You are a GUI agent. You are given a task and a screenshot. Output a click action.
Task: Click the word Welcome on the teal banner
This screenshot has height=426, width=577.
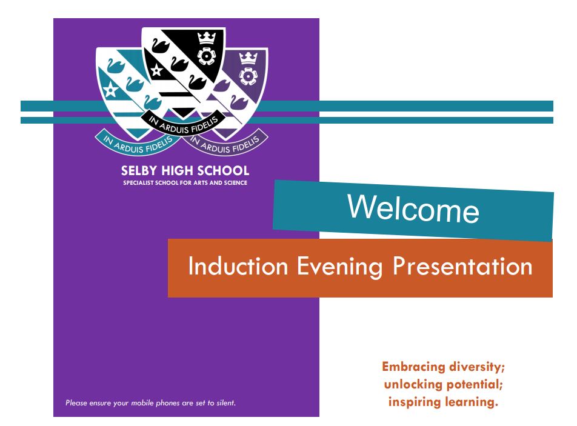pos(413,208)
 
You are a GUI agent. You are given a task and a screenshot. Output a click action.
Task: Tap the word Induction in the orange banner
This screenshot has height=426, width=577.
pos(238,265)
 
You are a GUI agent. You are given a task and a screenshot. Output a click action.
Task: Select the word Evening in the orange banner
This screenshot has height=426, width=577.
pos(340,267)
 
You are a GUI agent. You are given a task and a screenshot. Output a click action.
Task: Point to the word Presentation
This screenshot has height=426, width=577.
pos(462,265)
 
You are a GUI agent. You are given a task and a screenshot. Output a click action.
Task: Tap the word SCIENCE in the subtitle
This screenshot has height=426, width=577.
pos(236,183)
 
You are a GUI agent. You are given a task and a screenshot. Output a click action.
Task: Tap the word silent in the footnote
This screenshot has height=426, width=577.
pos(226,403)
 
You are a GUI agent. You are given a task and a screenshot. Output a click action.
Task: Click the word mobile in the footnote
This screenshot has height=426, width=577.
pos(142,403)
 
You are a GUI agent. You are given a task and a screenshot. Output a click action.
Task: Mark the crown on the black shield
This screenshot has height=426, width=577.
pos(206,38)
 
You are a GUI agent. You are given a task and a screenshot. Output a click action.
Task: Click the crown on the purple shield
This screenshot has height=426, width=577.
pos(248,58)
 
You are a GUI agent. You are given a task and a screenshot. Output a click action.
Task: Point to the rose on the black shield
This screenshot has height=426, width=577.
pos(207,56)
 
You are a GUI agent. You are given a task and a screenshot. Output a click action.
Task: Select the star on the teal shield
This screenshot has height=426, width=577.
pos(110,90)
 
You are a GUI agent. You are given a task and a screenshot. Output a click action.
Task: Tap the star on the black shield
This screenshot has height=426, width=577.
pos(156,70)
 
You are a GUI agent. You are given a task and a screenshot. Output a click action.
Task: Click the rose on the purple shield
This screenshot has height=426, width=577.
pos(248,76)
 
